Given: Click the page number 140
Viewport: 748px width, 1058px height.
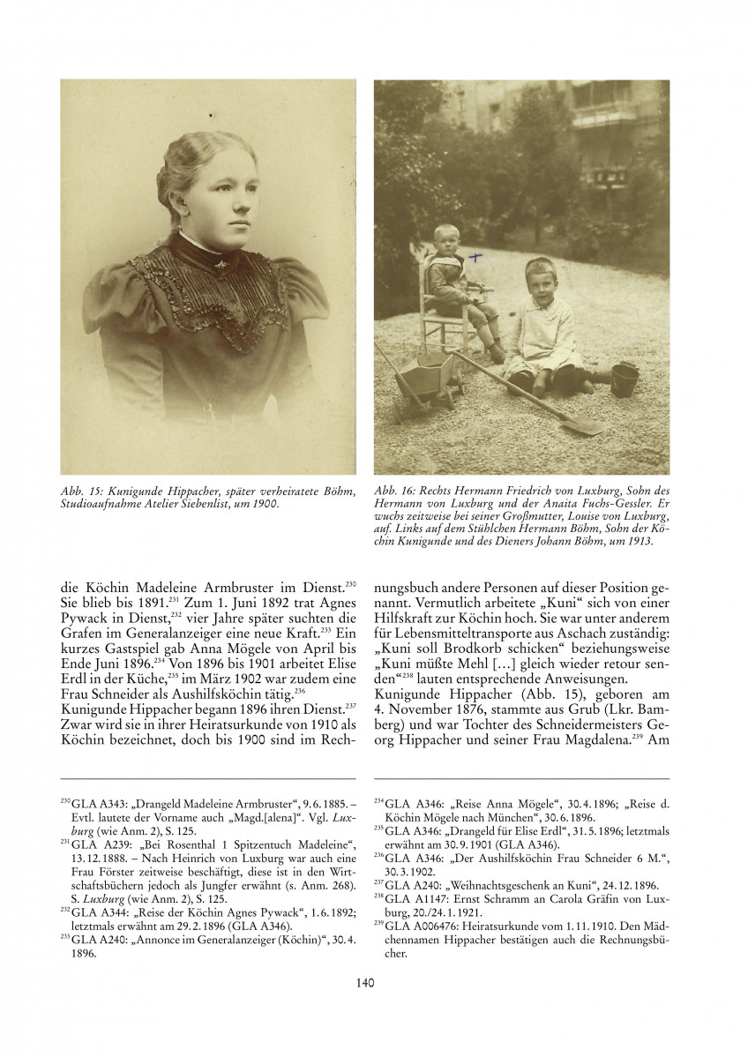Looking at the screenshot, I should click(373, 981).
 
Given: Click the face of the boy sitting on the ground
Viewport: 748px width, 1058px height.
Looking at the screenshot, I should click(537, 284).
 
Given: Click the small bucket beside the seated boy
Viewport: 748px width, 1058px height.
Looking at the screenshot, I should click(625, 378).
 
